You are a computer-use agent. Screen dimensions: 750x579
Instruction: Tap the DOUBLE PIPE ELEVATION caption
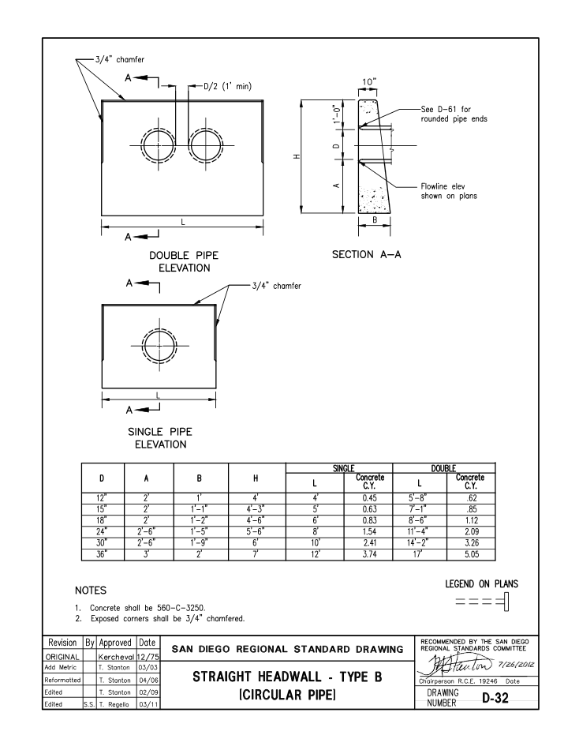click(183, 262)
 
